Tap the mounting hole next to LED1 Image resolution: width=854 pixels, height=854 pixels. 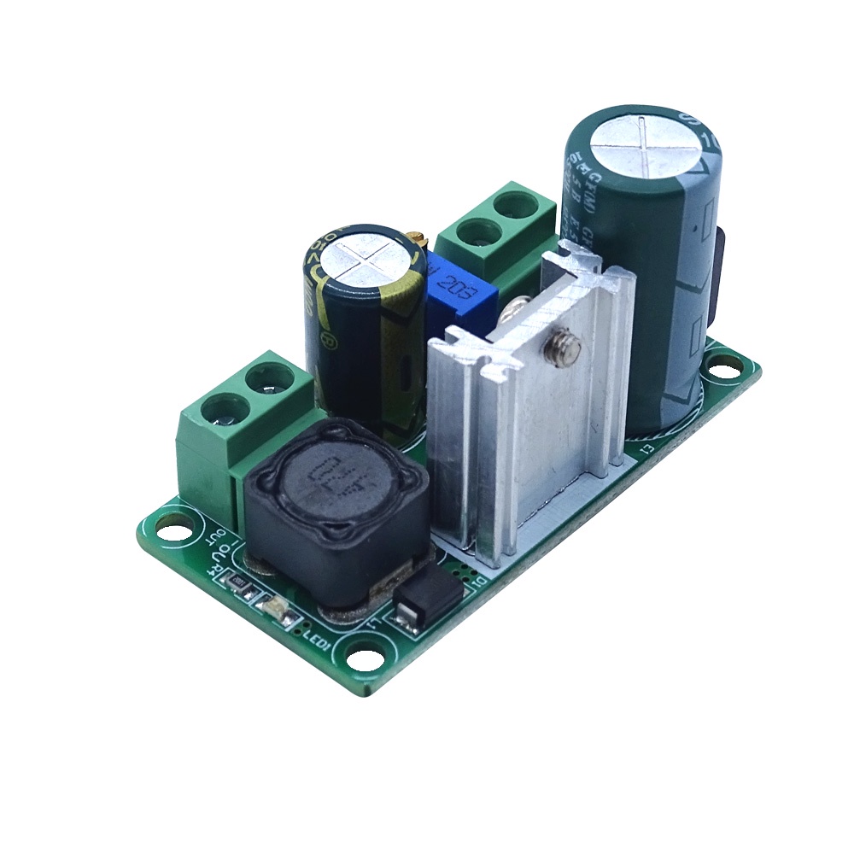[x=365, y=658]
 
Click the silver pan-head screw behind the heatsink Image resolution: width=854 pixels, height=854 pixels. [x=520, y=304]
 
